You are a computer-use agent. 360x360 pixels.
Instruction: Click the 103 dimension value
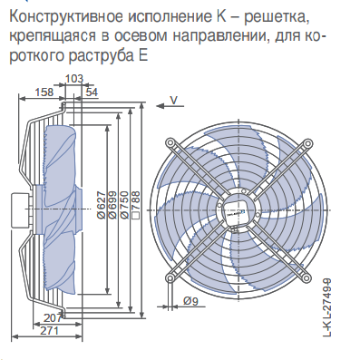[74, 79]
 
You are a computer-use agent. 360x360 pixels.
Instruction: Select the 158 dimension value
[44, 92]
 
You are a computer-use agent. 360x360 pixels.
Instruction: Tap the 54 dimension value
[92, 92]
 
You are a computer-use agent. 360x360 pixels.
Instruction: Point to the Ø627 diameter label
[102, 205]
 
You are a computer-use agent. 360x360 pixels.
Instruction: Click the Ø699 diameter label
[112, 205]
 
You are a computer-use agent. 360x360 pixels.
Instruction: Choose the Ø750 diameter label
[124, 205]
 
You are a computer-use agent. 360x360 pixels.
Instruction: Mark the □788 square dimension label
[136, 205]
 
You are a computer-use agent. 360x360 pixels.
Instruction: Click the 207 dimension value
[53, 317]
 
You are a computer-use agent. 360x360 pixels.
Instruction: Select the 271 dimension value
[49, 330]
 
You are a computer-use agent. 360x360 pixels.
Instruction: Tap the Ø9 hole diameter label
[190, 301]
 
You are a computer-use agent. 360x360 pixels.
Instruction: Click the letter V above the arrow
[173, 100]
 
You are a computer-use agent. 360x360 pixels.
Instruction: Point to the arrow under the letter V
[170, 106]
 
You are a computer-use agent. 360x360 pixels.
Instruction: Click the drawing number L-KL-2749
[327, 307]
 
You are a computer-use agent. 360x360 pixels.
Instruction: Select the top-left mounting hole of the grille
[170, 142]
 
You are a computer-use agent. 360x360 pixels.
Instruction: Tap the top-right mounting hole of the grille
[307, 142]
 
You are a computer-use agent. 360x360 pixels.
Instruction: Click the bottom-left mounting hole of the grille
[170, 277]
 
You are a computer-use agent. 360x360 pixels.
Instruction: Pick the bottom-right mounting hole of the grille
[307, 277]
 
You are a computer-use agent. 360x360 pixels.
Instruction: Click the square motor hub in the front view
[238, 210]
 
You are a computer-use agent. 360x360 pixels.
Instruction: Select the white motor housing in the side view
[21, 209]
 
